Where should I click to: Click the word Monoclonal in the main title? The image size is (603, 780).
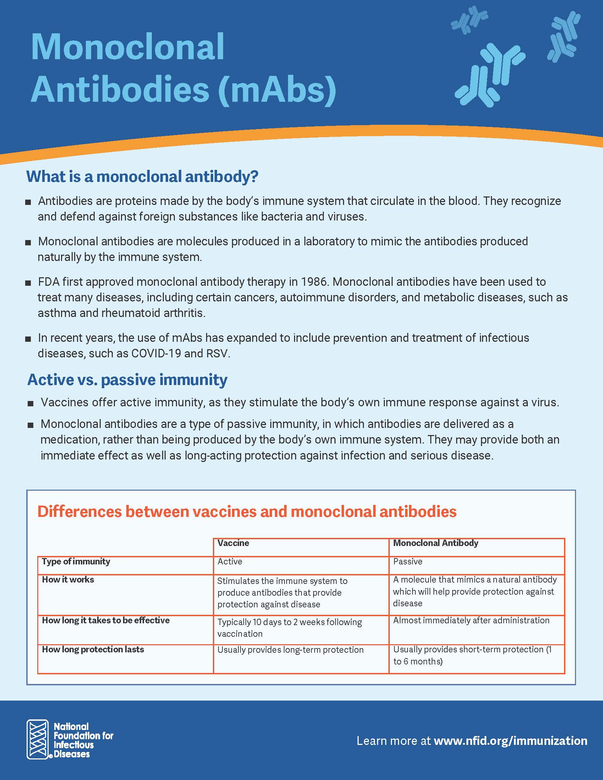tap(128, 47)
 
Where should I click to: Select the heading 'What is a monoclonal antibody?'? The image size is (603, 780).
tap(142, 177)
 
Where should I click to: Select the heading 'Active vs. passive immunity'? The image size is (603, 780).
tap(127, 379)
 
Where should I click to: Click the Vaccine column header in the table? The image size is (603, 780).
tap(233, 543)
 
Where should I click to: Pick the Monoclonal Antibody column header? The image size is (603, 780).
tap(436, 543)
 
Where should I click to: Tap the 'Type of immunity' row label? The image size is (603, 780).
tap(76, 562)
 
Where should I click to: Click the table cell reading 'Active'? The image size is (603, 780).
tap(230, 562)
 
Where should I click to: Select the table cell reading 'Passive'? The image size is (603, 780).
tap(408, 562)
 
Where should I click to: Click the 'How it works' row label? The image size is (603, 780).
tap(68, 579)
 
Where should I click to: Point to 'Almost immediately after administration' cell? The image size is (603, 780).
tap(471, 620)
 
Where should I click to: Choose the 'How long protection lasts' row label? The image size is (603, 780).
tap(93, 649)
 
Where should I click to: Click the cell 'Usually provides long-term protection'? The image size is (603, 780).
tap(290, 650)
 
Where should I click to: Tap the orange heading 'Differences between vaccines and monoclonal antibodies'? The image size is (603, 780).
tap(247, 511)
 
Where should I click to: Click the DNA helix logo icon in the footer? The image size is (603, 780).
tap(38, 739)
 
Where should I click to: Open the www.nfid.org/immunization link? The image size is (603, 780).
tap(510, 741)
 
